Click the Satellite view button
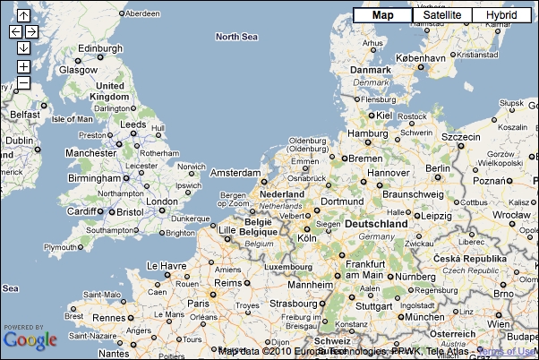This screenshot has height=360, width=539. [442, 15]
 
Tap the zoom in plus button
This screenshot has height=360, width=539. [23, 66]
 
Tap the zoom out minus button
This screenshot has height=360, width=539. [23, 82]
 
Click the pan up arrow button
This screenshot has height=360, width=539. [23, 16]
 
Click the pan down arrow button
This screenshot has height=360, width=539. [23, 47]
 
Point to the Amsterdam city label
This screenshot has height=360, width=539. [235, 172]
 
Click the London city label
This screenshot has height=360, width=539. [162, 201]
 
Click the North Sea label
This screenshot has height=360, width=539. [236, 37]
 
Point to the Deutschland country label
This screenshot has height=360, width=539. [377, 222]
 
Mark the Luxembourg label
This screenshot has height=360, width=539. [287, 266]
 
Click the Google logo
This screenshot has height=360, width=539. [30, 339]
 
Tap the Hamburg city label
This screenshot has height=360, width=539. [367, 133]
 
